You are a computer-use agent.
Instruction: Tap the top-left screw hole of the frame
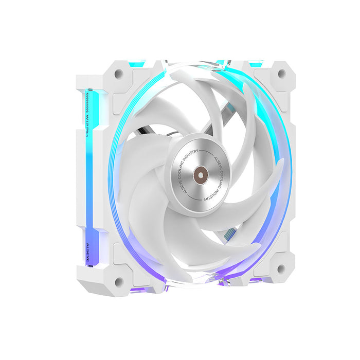pos(119,74)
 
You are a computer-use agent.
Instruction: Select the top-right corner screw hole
pos(281,74)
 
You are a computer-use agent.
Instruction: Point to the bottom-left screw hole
pos(119,281)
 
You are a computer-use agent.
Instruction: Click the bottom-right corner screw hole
pos(281,268)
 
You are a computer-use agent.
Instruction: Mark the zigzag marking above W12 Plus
pos(88,98)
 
